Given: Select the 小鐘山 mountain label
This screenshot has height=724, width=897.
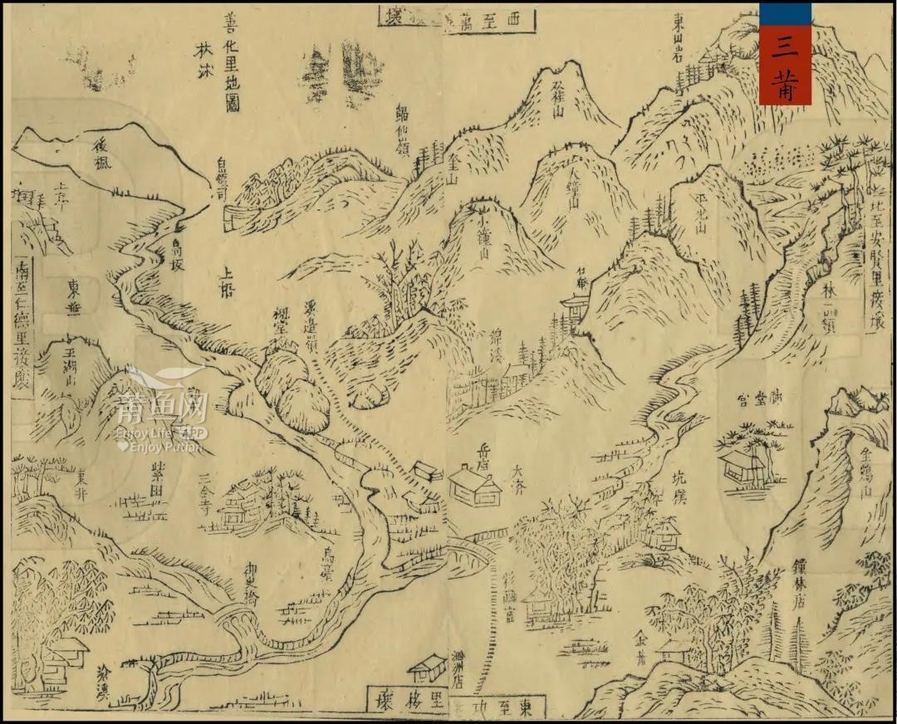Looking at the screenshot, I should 483,239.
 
